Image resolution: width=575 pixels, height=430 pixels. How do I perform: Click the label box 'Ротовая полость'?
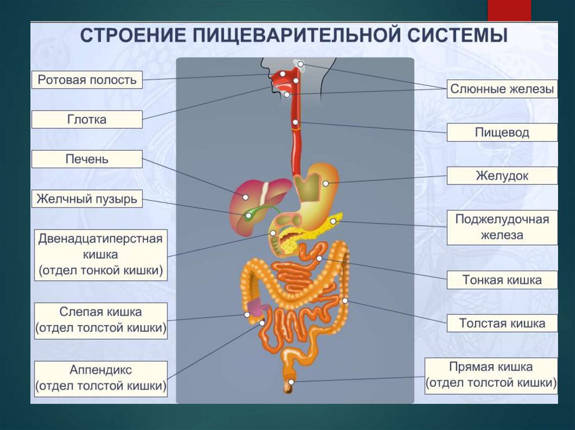click(x=87, y=80)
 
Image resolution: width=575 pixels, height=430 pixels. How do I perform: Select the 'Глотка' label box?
click(x=87, y=119)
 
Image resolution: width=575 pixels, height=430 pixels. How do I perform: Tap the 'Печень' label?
click(x=87, y=159)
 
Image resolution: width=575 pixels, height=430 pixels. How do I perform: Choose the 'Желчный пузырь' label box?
click(x=87, y=199)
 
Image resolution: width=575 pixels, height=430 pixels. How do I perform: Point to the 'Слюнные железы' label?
click(x=502, y=89)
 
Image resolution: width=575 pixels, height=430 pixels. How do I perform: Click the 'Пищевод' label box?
click(x=502, y=132)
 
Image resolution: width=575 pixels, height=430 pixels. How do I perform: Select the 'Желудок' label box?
click(x=502, y=175)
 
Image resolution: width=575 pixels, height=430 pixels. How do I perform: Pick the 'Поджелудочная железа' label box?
click(x=502, y=227)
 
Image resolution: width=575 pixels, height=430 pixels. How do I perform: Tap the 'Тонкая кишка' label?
click(x=502, y=280)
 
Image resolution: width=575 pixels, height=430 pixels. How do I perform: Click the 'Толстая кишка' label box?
click(x=502, y=323)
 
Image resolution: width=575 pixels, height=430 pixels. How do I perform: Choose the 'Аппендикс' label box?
click(x=101, y=378)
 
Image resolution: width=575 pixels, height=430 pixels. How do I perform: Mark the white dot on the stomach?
click(x=326, y=183)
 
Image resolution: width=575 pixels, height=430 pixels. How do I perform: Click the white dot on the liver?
click(x=245, y=197)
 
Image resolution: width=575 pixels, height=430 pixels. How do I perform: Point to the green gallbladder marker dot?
click(x=248, y=215)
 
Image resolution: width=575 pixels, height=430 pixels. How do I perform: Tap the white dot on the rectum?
click(x=291, y=382)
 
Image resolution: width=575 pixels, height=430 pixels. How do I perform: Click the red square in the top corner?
click(x=509, y=10)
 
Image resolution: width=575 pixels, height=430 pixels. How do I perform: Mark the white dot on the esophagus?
click(x=295, y=122)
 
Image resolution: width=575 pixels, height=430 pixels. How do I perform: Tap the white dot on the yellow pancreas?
click(x=332, y=221)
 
